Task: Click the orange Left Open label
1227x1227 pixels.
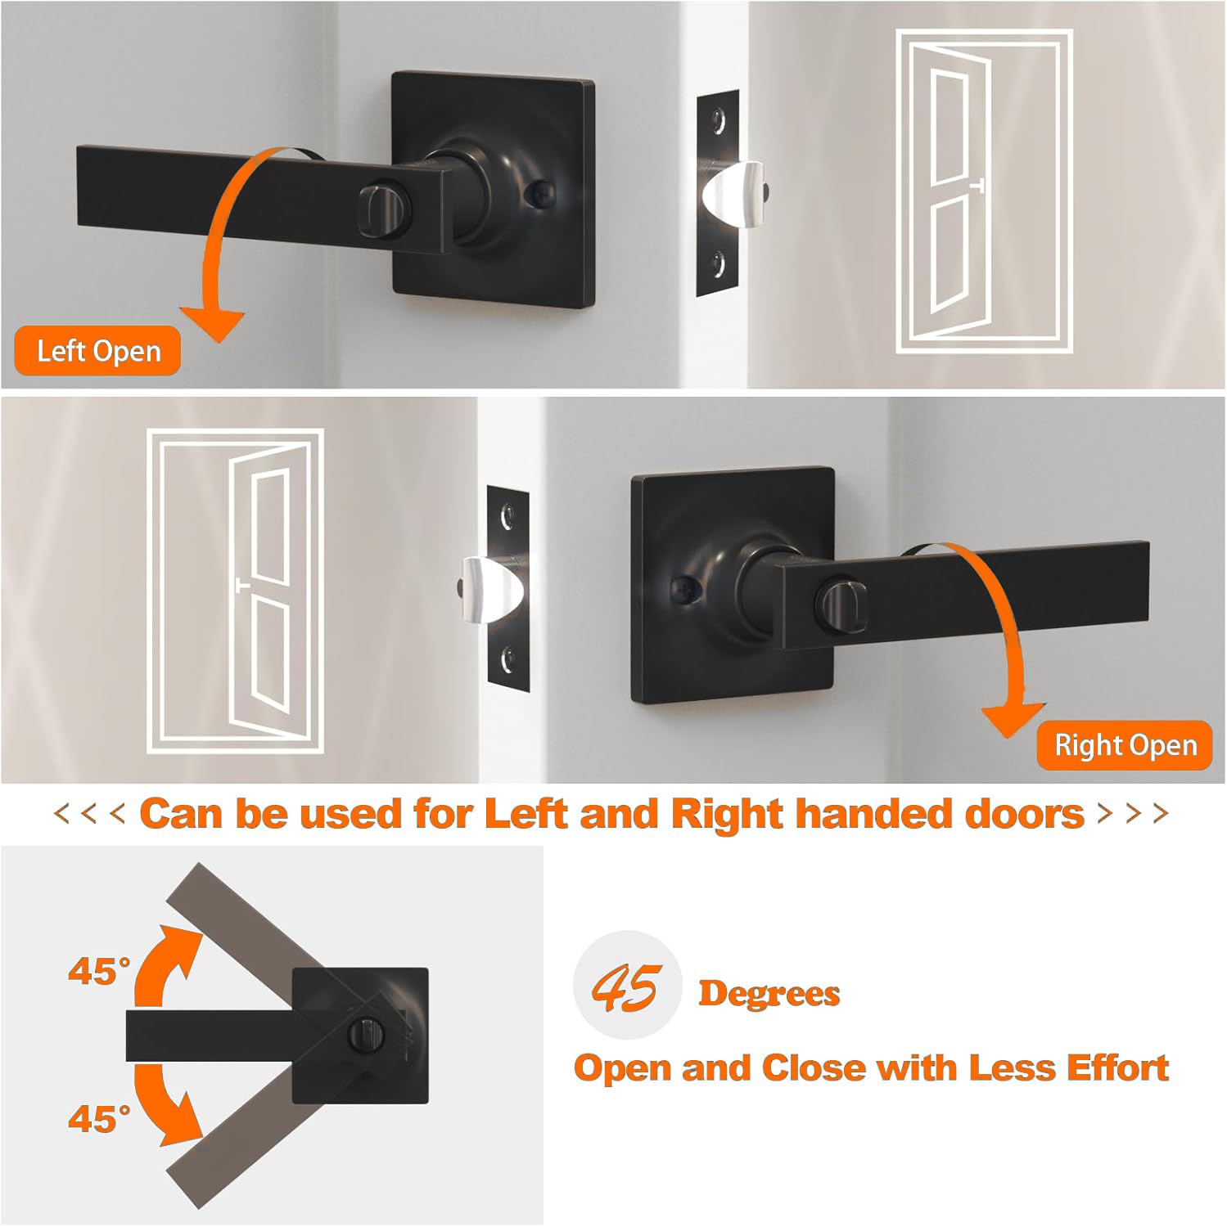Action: click(97, 351)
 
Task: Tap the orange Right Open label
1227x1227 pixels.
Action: click(1125, 745)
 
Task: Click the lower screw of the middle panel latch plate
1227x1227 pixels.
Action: click(507, 658)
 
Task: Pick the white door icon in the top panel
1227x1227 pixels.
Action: click(984, 191)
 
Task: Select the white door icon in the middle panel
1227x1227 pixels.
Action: click(235, 591)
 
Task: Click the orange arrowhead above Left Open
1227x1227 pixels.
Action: click(214, 324)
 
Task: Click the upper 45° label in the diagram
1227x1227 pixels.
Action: click(99, 971)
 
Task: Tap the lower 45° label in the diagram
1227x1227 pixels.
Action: click(99, 1118)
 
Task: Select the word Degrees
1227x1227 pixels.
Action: click(769, 993)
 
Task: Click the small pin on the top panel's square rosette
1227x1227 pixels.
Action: click(540, 194)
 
